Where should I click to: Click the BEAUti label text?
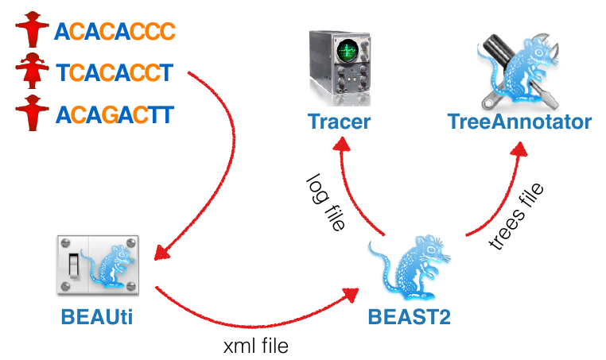96,316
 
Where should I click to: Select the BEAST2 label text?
409,316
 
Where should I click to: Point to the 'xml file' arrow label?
255,346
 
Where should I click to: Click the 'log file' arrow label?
325,203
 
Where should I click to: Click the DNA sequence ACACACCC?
115,32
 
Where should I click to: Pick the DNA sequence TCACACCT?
115,74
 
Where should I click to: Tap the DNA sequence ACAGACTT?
115,115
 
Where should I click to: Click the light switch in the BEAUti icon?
74,263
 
